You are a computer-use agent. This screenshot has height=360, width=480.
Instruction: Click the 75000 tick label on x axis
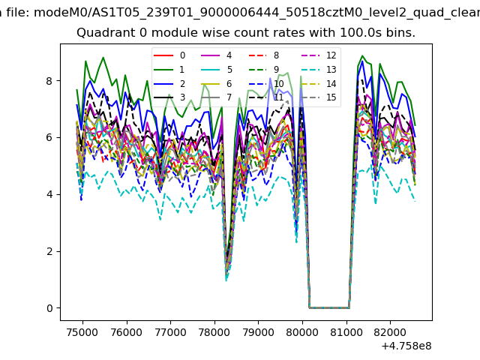[82, 331]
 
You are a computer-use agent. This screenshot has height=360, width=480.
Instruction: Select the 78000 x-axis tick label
[214, 331]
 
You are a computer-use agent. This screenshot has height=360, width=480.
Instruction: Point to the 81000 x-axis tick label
[347, 331]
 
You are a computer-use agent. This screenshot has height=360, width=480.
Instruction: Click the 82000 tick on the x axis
[391, 331]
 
